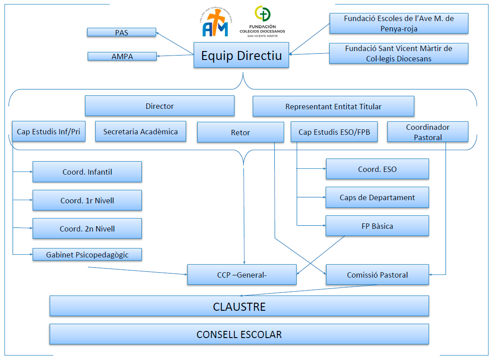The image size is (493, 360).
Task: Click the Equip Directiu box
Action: click(241, 55)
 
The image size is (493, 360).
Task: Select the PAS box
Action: click(121, 32)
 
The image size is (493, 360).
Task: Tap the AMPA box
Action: click(122, 56)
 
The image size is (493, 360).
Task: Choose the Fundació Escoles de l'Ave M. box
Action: click(399, 23)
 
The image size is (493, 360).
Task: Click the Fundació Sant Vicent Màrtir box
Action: click(399, 53)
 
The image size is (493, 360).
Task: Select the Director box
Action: click(160, 106)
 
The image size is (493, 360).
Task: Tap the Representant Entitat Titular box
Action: click(333, 107)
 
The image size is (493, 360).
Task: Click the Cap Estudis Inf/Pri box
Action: click(49, 132)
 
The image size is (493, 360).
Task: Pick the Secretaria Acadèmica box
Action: click(140, 132)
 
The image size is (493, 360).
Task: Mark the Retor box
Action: click(240, 132)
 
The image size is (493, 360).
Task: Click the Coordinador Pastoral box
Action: click(427, 132)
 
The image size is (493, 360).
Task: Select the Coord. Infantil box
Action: click(87, 172)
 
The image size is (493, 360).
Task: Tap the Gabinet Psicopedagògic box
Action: click(87, 255)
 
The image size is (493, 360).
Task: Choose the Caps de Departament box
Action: click(377, 197)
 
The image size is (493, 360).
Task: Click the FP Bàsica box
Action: click(377, 226)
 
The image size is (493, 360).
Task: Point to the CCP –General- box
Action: click(242, 275)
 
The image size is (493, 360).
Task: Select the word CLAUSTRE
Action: click(239, 307)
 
